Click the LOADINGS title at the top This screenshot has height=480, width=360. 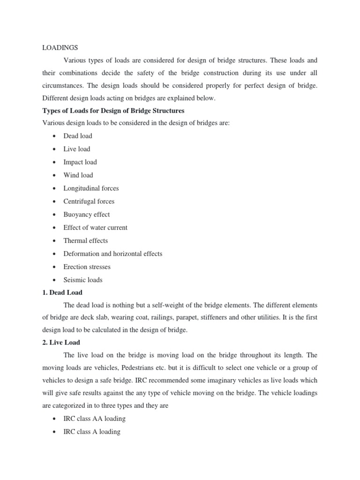(x=60, y=48)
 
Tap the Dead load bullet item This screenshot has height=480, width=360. (x=78, y=136)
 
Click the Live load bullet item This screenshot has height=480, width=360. (x=77, y=149)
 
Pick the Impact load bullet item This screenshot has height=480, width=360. (x=80, y=162)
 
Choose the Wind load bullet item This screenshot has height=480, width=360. (x=78, y=175)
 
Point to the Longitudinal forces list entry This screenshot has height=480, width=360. (x=91, y=188)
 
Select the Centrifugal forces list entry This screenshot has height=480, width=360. (x=89, y=202)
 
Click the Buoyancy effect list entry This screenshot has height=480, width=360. (x=87, y=215)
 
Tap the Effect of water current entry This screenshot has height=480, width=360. (x=96, y=228)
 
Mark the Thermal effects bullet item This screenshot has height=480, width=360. (x=86, y=241)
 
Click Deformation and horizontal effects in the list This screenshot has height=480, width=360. (x=113, y=254)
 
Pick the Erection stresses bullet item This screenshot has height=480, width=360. (x=87, y=267)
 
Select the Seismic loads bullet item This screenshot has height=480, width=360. (x=83, y=280)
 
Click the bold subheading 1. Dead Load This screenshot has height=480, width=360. (x=62, y=292)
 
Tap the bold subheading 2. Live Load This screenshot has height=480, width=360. (x=61, y=343)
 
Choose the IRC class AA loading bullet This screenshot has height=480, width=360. (x=95, y=419)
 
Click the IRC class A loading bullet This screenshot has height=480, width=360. (x=92, y=432)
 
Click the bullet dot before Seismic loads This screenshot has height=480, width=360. (x=54, y=280)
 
